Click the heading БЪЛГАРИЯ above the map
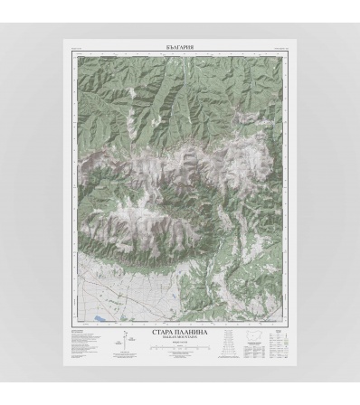181,44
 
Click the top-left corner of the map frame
71,52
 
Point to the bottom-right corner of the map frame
290,325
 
